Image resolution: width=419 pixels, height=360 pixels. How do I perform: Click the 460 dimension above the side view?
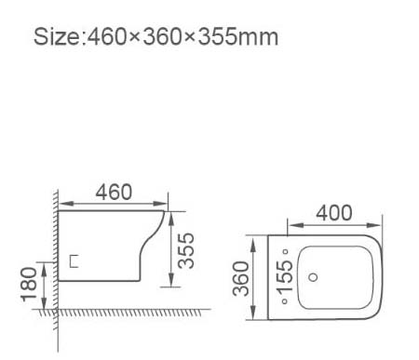point(114,193)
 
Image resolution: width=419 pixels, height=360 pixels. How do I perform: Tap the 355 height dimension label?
point(186,250)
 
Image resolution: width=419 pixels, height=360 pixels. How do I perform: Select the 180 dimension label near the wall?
point(29,285)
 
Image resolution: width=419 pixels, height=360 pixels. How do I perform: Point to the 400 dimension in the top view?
point(334,213)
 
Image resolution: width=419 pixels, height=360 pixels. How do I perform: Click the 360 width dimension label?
point(241,278)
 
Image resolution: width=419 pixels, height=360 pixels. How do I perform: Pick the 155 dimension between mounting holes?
point(285,277)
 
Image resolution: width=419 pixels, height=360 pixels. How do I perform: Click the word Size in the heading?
point(58,37)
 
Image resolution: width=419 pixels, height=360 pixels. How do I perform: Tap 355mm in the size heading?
point(238,37)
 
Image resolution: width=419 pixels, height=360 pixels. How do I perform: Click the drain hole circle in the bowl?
point(314,277)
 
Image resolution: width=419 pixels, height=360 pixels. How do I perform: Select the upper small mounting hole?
point(286,251)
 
